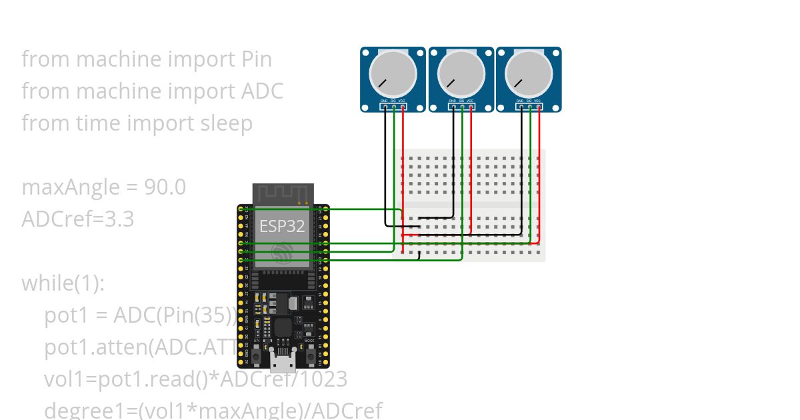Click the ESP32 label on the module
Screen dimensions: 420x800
click(282, 225)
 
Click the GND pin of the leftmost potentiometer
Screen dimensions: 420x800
click(385, 106)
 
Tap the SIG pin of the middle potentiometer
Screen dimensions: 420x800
click(462, 106)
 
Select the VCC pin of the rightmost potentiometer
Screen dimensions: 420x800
click(538, 106)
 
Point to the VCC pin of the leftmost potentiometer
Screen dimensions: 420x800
click(403, 106)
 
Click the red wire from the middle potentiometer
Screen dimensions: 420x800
click(471, 173)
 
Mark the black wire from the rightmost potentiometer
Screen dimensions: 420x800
click(521, 173)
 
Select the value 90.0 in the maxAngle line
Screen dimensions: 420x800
click(165, 187)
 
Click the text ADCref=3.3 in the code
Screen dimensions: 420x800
click(77, 219)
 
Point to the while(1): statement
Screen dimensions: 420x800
click(63, 283)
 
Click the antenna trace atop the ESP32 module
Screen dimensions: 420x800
click(283, 195)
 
